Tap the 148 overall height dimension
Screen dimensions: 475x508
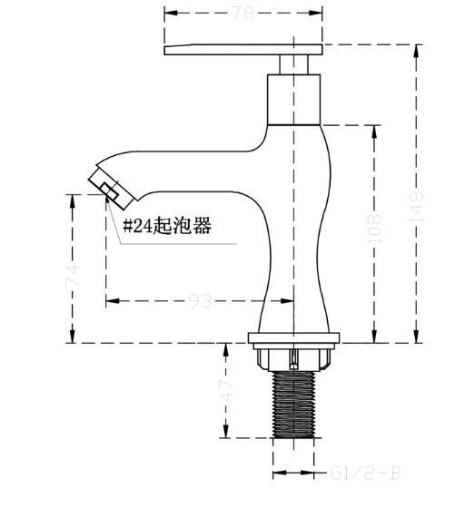pos(417,207)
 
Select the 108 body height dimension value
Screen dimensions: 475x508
pos(374,228)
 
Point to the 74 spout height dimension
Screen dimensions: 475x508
pos(72,275)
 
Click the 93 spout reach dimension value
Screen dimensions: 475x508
pos(200,301)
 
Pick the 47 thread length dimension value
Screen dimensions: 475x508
pos(226,390)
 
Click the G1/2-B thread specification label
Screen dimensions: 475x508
pos(365,474)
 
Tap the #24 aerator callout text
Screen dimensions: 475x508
pos(167,225)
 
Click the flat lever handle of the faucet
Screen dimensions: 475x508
pos(243,50)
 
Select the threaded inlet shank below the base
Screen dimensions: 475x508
pos(293,405)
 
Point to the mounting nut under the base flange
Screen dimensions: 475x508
pos(293,359)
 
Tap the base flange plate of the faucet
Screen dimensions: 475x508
pos(293,337)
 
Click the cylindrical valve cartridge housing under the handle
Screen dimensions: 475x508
pos(293,100)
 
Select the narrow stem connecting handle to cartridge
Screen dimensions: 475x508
pos(293,64)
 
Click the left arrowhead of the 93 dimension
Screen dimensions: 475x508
pos(113,301)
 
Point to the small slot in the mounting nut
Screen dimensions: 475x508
pos(294,359)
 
